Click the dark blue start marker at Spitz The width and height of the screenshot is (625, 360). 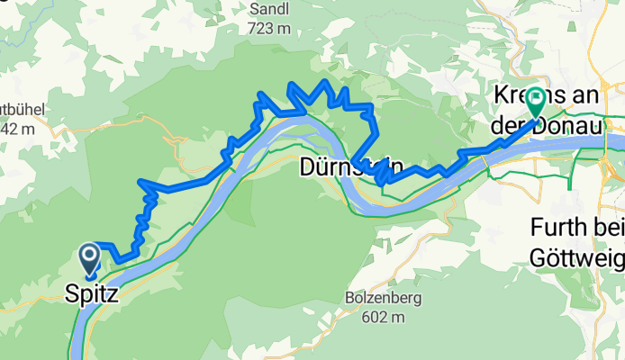91,258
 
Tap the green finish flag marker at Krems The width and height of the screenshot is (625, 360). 536,100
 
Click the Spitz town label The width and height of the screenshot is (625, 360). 91,292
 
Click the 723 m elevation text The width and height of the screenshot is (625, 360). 271,28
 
